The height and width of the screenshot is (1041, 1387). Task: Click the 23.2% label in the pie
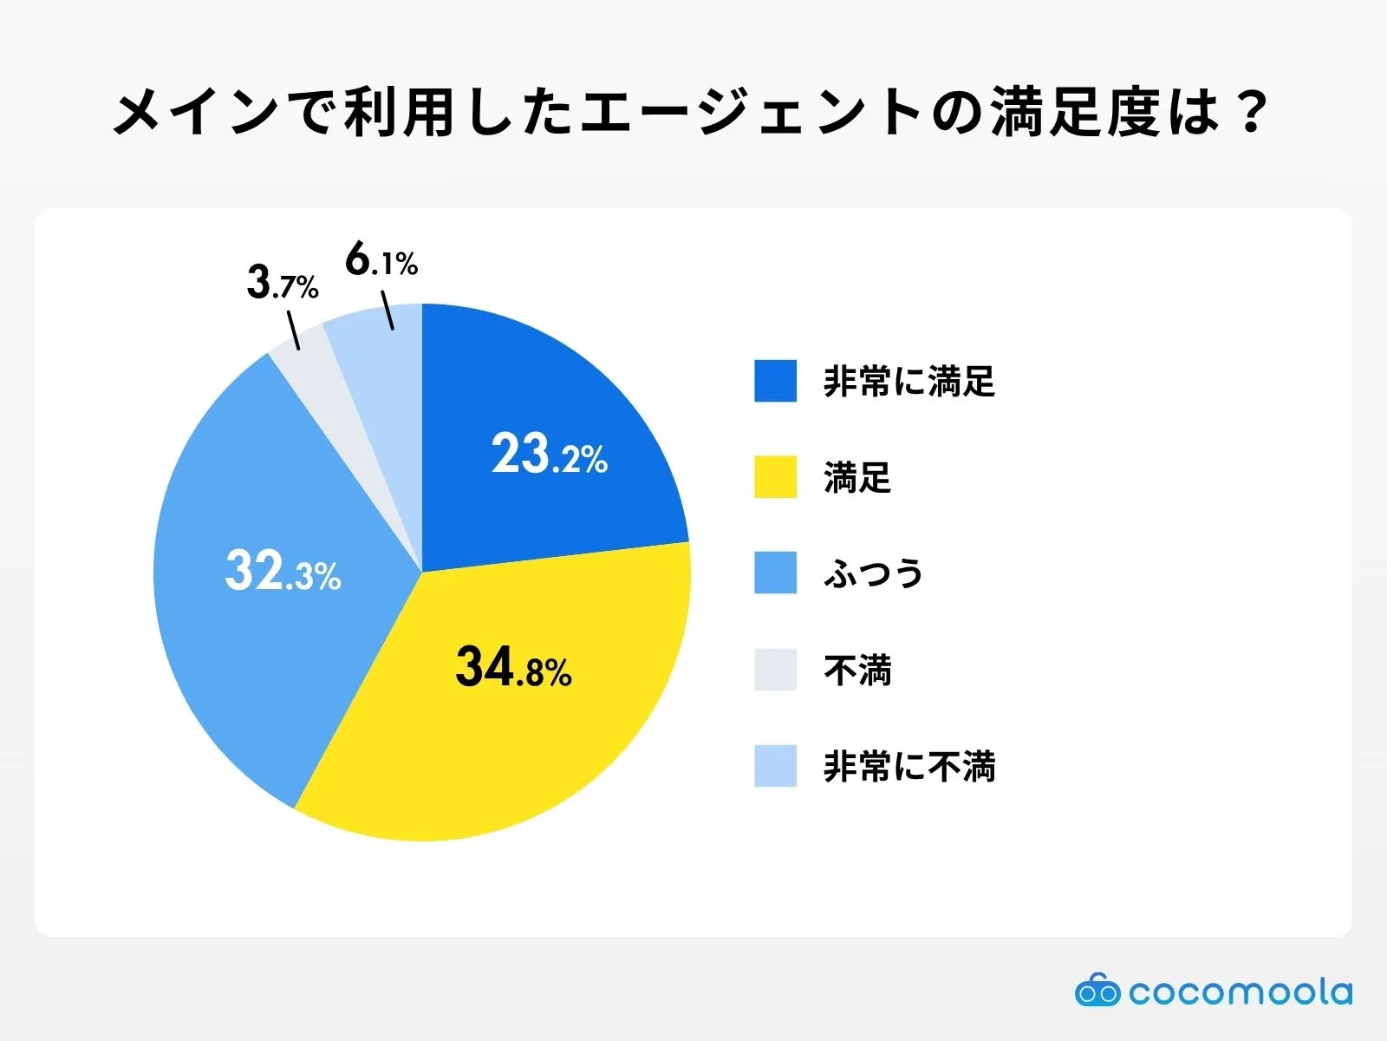550,454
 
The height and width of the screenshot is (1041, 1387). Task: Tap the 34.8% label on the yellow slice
513,668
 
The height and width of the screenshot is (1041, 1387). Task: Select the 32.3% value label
283,572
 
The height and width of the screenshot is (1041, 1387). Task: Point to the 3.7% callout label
283,283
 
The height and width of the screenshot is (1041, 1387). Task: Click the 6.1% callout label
381,259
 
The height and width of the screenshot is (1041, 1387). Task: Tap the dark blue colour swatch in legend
775,381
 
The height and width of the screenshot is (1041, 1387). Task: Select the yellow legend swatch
775,477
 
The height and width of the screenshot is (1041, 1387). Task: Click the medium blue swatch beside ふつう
775,573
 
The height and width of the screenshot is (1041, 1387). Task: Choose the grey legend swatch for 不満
775,670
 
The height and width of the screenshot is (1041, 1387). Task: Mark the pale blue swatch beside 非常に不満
775,766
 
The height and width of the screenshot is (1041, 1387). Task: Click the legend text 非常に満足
908,382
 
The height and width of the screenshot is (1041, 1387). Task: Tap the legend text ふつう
873,573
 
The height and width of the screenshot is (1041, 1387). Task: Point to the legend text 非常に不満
908,767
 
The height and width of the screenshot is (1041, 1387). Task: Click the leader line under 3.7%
293,331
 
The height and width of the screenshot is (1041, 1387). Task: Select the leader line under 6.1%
387,311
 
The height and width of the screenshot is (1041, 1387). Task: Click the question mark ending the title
1251,113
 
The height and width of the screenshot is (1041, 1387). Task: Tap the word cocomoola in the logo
1240,992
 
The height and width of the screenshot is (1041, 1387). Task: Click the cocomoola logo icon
1097,991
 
